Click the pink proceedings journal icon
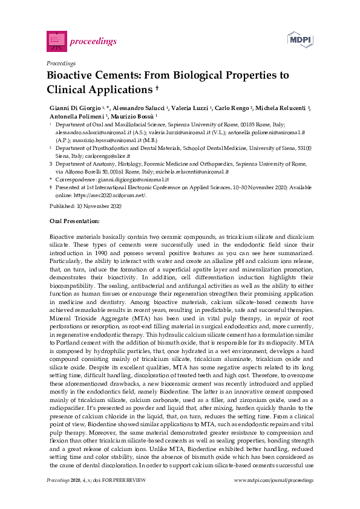[56, 41]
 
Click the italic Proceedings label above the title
[61, 62]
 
